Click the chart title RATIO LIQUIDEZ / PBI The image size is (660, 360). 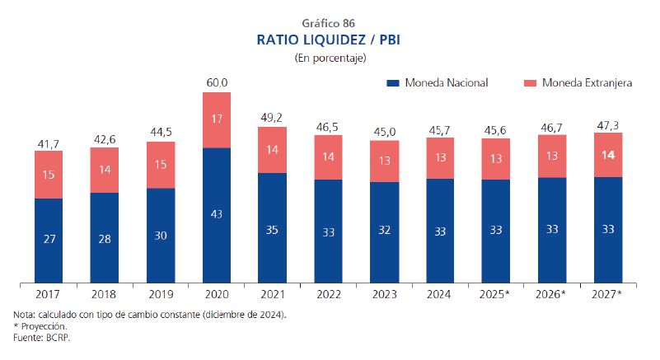tap(330, 40)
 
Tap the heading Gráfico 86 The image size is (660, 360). tap(330, 22)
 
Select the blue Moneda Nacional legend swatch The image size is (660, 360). tap(393, 83)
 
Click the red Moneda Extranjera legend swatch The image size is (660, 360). tap(530, 83)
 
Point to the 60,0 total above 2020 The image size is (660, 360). tap(217, 82)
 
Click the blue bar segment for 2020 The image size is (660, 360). tap(217, 214)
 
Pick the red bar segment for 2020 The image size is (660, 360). tap(217, 119)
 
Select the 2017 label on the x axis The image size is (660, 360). tap(49, 293)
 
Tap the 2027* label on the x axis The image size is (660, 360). tap(608, 293)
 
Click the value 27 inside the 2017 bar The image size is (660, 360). tap(49, 240)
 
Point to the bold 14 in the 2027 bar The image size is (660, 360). tap(608, 154)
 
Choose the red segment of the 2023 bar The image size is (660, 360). tap(384, 161)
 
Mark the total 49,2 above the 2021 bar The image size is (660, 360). tap(273, 117)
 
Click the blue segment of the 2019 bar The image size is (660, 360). tap(161, 235)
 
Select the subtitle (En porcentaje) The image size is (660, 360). tap(330, 58)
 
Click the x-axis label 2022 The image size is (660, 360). tap(329, 293)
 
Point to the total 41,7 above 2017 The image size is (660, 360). tap(49, 144)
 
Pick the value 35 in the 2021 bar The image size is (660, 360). tap(273, 230)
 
